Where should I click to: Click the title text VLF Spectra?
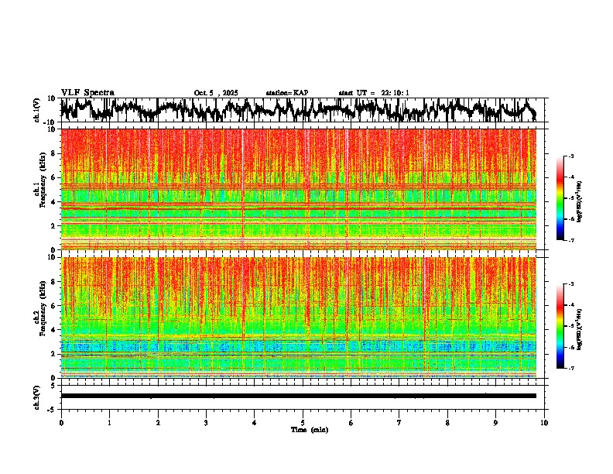(x=87, y=92)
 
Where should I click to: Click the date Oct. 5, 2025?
(x=217, y=93)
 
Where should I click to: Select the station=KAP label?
(x=287, y=93)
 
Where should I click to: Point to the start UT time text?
(x=374, y=93)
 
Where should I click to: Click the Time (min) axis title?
(x=309, y=430)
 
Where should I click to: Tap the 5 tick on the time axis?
(x=303, y=423)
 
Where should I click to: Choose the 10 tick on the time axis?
(x=544, y=423)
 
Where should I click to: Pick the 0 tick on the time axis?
(x=61, y=423)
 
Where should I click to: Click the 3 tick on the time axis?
(x=206, y=423)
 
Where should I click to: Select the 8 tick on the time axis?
(x=447, y=423)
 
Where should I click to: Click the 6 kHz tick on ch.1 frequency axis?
(x=54, y=177)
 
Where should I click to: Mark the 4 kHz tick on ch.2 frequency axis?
(x=54, y=330)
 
